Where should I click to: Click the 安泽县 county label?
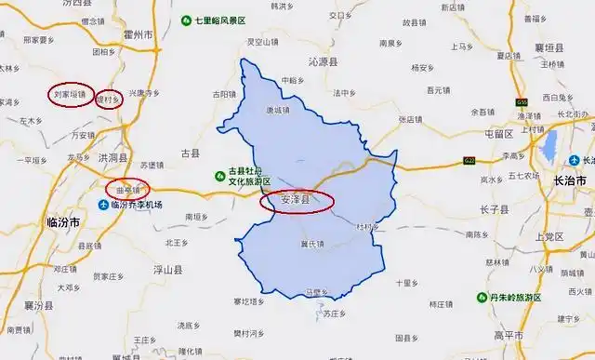click(x=288, y=200)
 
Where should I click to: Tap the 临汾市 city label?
click(x=63, y=222)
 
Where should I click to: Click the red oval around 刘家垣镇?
click(x=71, y=95)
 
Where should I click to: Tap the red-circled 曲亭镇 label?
click(x=126, y=188)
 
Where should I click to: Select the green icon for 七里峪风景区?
click(x=187, y=20)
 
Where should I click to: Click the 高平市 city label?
click(x=508, y=334)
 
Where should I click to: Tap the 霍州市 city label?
click(x=139, y=34)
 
